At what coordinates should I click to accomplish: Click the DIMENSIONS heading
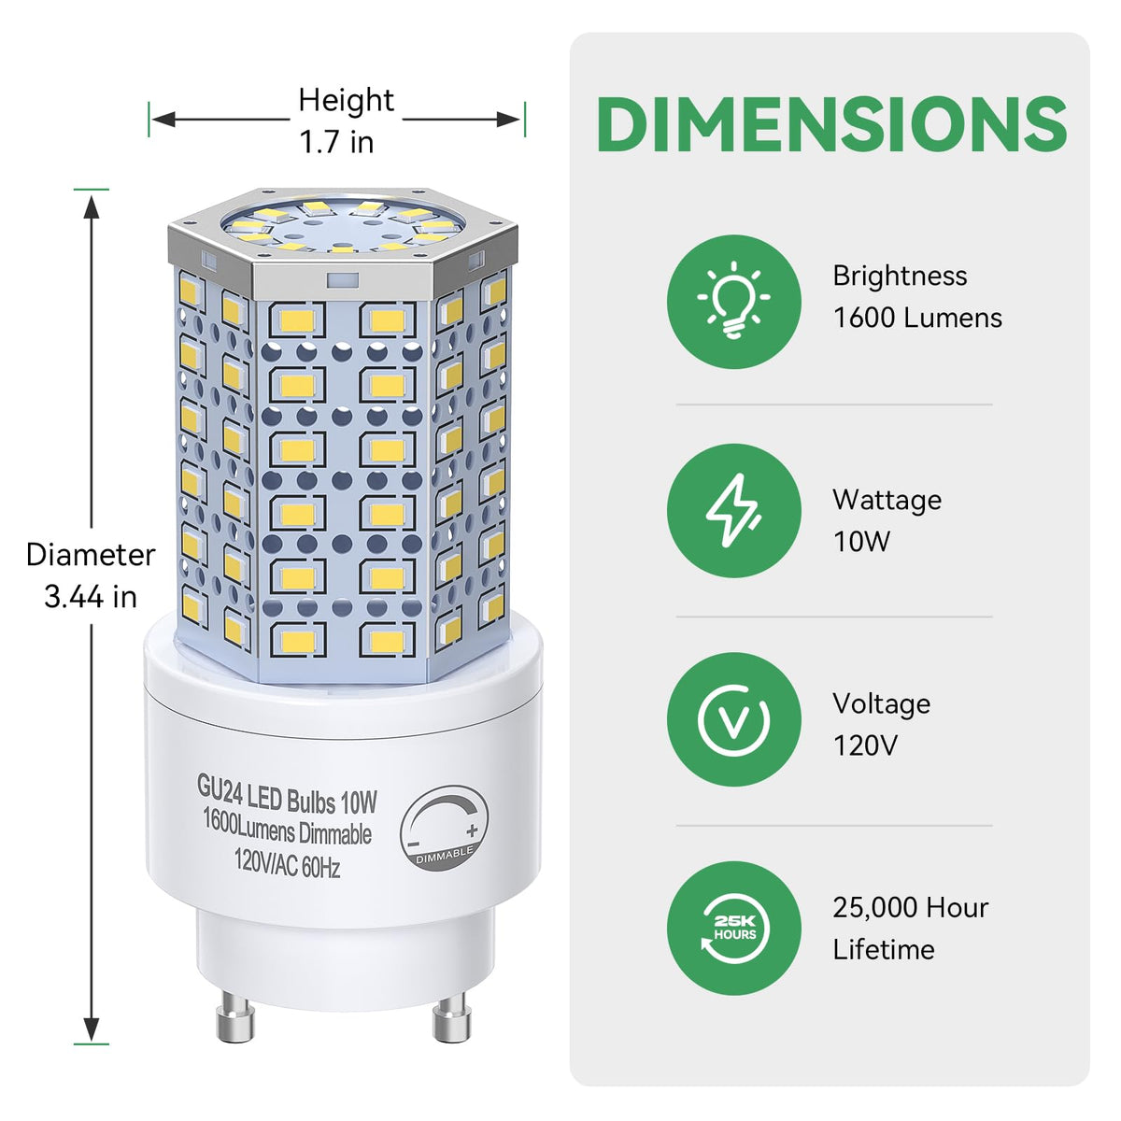click(831, 124)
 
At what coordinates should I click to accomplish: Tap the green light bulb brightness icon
click(733, 302)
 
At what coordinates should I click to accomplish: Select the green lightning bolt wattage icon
click(733, 510)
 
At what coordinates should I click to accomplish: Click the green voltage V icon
click(733, 719)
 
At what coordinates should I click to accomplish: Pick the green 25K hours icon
click(733, 928)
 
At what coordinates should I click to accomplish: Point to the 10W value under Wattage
click(861, 542)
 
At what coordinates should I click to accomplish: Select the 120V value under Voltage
click(866, 745)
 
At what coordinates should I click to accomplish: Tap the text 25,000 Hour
click(911, 908)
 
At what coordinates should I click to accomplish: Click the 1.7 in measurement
click(337, 142)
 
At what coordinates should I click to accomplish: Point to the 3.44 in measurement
click(91, 597)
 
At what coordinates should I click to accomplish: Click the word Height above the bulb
click(347, 100)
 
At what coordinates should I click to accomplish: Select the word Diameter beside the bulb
click(91, 554)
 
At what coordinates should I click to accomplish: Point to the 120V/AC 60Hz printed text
click(288, 862)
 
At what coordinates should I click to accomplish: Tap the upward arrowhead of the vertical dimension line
click(92, 206)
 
